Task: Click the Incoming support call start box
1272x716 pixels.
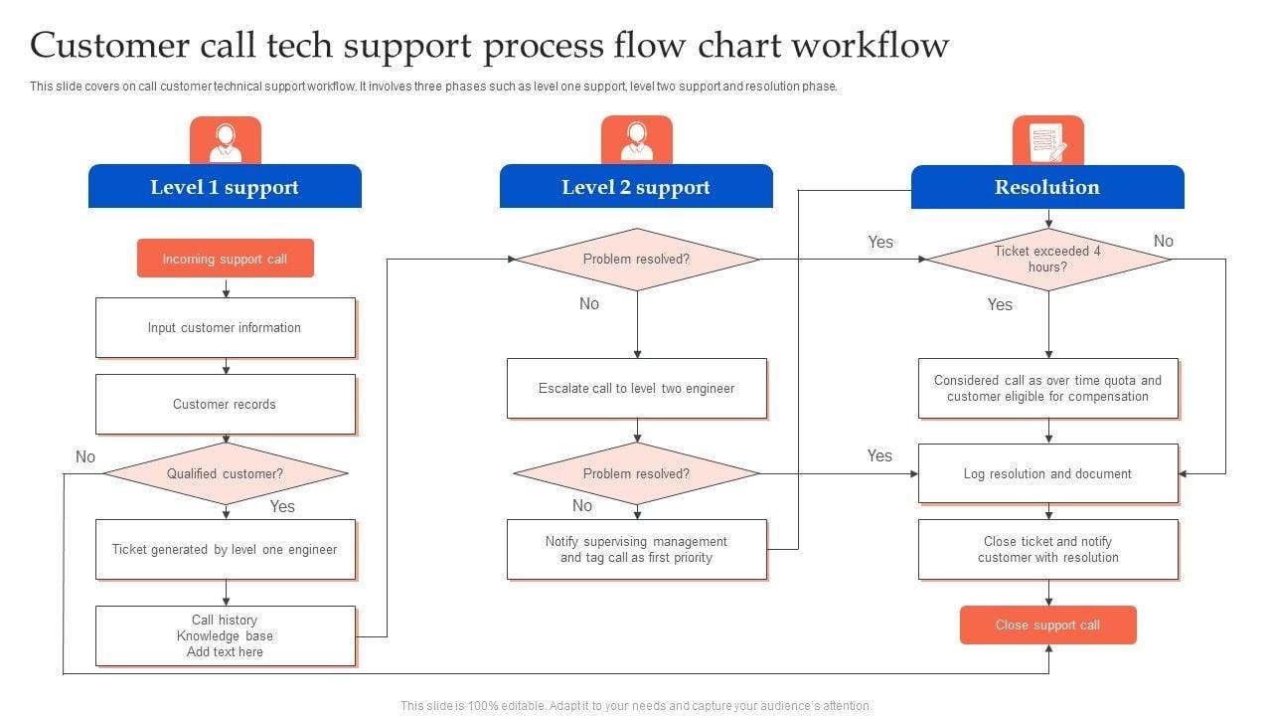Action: coord(226,259)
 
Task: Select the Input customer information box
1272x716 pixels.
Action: coord(226,327)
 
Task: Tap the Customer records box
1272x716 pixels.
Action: coord(226,404)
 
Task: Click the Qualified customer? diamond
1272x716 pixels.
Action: coord(226,473)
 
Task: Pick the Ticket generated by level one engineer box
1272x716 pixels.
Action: coord(226,549)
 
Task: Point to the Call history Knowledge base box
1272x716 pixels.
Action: coord(226,635)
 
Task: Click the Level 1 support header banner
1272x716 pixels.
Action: coord(225,187)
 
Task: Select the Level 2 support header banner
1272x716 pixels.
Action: coord(636,187)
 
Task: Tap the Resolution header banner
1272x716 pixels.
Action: coord(1047,187)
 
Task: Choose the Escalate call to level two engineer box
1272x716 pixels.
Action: coord(637,388)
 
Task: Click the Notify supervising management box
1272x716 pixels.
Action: coord(637,549)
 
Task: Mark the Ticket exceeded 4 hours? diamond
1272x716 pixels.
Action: coord(1048,259)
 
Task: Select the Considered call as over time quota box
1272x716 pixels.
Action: coord(1048,388)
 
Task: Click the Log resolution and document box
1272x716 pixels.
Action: coord(1048,473)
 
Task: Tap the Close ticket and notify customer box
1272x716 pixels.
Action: coord(1048,549)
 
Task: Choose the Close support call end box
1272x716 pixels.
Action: coord(1048,626)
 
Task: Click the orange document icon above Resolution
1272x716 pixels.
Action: coord(1048,140)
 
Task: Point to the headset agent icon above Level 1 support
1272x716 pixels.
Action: coord(226,140)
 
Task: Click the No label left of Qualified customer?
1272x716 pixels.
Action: coord(85,456)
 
